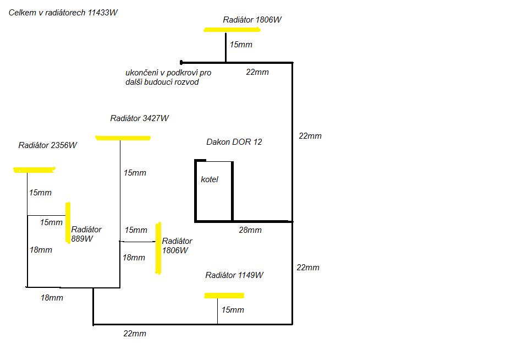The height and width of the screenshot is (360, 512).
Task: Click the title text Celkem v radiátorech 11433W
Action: (x=63, y=13)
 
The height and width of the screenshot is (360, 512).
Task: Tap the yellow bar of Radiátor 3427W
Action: (x=123, y=138)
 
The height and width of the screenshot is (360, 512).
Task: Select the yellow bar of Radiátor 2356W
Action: (x=34, y=170)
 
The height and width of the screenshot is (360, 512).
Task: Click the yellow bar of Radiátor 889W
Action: (x=68, y=223)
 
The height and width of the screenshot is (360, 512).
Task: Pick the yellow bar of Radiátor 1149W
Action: (x=224, y=296)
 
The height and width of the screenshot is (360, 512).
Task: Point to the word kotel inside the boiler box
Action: (x=210, y=179)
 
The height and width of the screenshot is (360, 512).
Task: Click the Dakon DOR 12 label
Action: (x=234, y=142)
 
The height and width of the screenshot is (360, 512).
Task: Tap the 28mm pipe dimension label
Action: (x=250, y=230)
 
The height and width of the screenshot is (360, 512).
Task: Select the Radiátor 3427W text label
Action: (x=140, y=118)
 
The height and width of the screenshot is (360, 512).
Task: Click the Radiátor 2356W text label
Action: (x=48, y=145)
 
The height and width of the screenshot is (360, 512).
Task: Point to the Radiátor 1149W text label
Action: (x=234, y=275)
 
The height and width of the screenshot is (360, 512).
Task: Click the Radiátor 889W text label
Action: (x=86, y=234)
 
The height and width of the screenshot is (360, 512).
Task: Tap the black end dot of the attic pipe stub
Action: (x=181, y=62)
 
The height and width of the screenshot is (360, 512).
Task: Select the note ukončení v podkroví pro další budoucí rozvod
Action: (x=168, y=77)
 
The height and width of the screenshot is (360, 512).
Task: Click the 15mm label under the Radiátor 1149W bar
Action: (x=233, y=310)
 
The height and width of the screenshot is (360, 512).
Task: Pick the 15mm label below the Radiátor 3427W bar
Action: (x=135, y=173)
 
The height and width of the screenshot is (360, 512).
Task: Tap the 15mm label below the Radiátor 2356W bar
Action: (x=40, y=193)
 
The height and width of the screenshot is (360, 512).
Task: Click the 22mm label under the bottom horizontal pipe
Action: (x=135, y=334)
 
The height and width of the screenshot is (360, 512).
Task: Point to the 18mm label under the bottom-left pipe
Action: (x=52, y=298)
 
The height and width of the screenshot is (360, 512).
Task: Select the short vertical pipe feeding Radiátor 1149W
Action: (x=217, y=311)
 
